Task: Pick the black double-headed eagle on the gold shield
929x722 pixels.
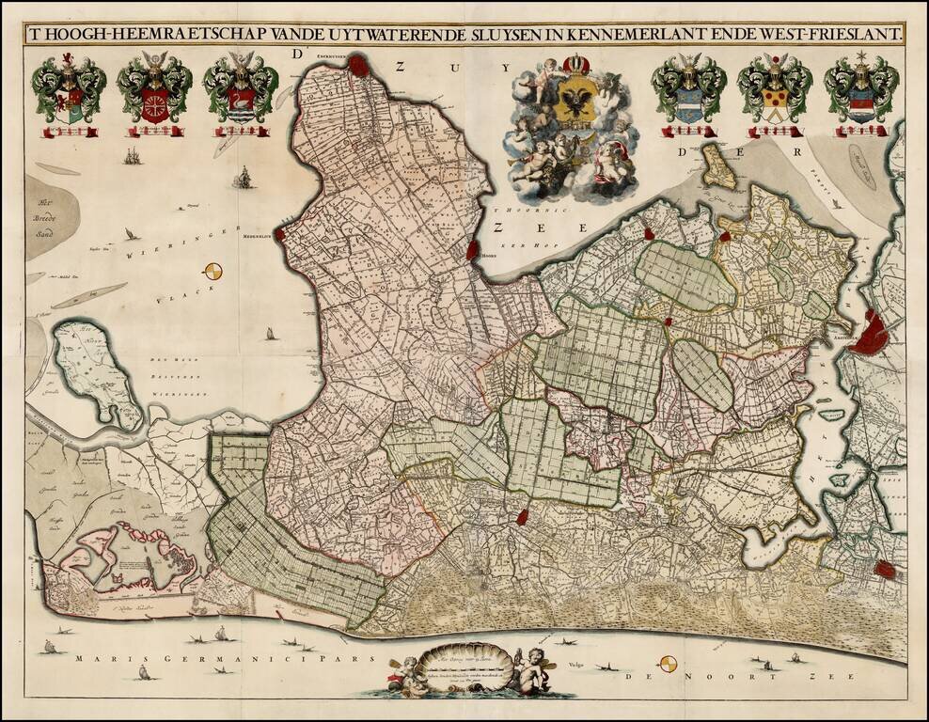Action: [x=573, y=101]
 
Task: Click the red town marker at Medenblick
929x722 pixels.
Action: [x=279, y=230]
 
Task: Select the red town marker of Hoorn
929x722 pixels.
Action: [x=474, y=251]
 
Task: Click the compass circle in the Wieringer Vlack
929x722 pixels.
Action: [x=214, y=272]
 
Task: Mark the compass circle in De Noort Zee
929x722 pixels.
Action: [x=668, y=664]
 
